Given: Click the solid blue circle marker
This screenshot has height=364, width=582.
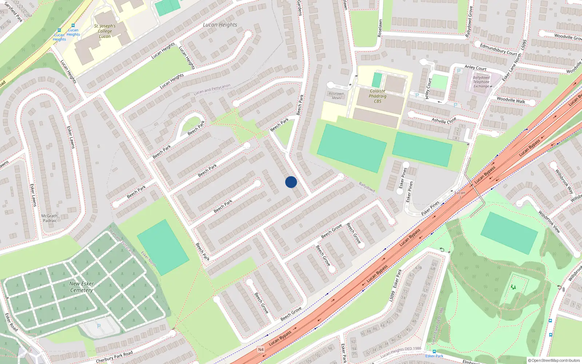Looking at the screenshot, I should pyautogui.click(x=291, y=182).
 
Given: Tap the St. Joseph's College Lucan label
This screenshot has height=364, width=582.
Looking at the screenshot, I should pyautogui.click(x=105, y=31).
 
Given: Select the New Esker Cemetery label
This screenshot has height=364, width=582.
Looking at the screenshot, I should pyautogui.click(x=81, y=287).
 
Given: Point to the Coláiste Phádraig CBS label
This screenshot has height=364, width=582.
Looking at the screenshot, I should pyautogui.click(x=378, y=96).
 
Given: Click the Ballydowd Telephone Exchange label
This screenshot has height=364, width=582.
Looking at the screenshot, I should pyautogui.click(x=481, y=82).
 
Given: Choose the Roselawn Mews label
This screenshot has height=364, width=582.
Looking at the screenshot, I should pyautogui.click(x=336, y=96).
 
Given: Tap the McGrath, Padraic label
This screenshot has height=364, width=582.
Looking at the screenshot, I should pyautogui.click(x=50, y=218).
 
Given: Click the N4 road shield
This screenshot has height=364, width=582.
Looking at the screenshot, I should pyautogui.click(x=261, y=349).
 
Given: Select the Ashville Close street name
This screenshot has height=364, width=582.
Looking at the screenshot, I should pyautogui.click(x=444, y=120).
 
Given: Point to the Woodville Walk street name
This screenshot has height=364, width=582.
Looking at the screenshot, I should pyautogui.click(x=511, y=100).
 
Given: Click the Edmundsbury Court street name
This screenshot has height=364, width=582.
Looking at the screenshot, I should pyautogui.click(x=498, y=50).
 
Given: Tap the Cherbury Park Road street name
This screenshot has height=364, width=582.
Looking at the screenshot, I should pyautogui.click(x=114, y=357).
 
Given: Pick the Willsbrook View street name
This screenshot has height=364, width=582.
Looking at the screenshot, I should pyautogui.click(x=549, y=221).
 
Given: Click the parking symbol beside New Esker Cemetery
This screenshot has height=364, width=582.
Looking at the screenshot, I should pyautogui.click(x=99, y=326).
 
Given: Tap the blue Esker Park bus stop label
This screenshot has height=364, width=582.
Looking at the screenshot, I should pyautogui.click(x=434, y=356).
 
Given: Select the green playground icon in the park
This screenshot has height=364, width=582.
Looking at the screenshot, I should pyautogui.click(x=513, y=287).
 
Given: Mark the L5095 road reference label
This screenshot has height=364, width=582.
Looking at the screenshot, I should pyautogui.click(x=523, y=45).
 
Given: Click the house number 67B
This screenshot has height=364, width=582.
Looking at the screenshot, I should pyautogui.click(x=419, y=268).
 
